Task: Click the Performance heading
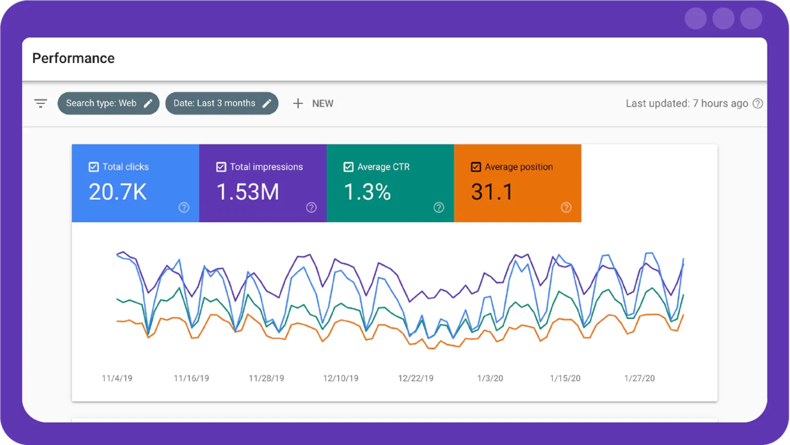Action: pyautogui.click(x=73, y=58)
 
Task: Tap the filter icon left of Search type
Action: pyautogui.click(x=40, y=104)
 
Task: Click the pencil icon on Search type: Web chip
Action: pyautogui.click(x=148, y=104)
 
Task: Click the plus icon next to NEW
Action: pyautogui.click(x=298, y=104)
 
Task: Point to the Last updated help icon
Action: pyautogui.click(x=758, y=104)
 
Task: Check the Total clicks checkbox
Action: pyautogui.click(x=93, y=167)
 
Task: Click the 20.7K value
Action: pyautogui.click(x=118, y=192)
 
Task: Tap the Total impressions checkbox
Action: pyautogui.click(x=221, y=167)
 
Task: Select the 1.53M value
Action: pyautogui.click(x=248, y=192)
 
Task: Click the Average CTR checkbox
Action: pyautogui.click(x=348, y=167)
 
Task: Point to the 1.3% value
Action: pyautogui.click(x=367, y=192)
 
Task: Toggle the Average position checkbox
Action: pyautogui.click(x=475, y=167)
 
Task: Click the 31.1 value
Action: pyautogui.click(x=492, y=192)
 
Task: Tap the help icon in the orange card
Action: pyautogui.click(x=566, y=208)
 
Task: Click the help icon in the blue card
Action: pyautogui.click(x=184, y=208)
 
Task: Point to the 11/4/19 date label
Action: pyautogui.click(x=117, y=378)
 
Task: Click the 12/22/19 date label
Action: pyautogui.click(x=416, y=378)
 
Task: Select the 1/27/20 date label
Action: pyautogui.click(x=639, y=378)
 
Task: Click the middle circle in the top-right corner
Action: pyautogui.click(x=723, y=19)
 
